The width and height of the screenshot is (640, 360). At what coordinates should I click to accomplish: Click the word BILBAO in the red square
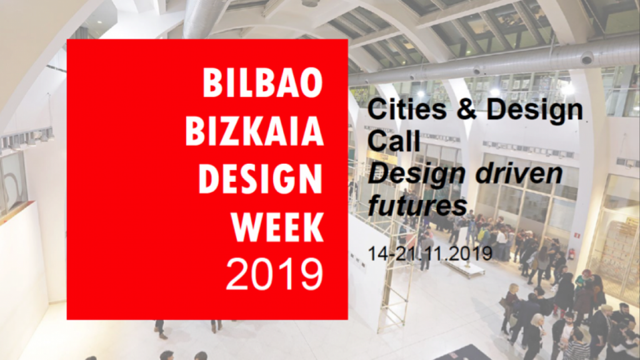point(263,83)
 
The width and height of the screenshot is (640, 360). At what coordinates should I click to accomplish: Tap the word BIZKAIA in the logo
point(255,131)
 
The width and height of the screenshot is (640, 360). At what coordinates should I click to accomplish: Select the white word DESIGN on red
point(261,179)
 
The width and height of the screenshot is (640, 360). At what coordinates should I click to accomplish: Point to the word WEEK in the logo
point(278,227)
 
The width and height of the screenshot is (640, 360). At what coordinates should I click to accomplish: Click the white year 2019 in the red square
point(274,274)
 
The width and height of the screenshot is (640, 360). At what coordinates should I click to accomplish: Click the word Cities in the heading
point(406,109)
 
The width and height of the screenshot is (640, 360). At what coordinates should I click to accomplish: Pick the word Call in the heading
point(394,141)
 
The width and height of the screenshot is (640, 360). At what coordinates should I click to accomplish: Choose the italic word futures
point(417,206)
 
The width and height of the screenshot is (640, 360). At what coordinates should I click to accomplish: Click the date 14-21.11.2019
point(430,254)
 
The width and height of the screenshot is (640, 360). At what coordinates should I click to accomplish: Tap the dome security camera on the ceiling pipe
point(586,58)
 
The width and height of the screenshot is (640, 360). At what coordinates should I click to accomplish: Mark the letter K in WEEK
point(314,227)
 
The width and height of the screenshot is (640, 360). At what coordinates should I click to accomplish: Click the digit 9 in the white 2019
point(311,274)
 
